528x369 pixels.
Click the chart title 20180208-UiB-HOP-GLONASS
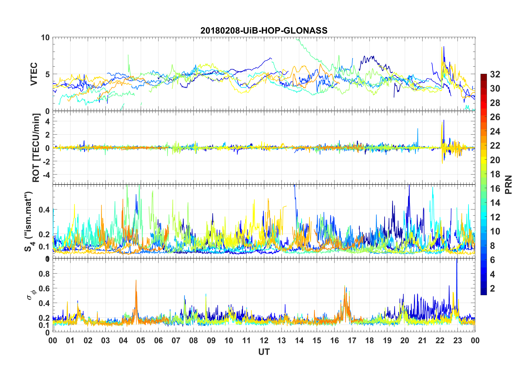tap(264, 31)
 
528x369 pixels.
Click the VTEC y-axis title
tap(34, 74)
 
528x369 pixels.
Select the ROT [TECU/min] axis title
tap(36, 148)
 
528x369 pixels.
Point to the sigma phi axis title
tap(31, 294)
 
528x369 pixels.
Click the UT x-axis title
tap(264, 352)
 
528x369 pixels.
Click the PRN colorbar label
tap(508, 184)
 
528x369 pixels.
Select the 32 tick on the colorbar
tap(495, 74)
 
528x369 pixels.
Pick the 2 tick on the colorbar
tap(492, 289)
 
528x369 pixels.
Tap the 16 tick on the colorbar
tap(495, 189)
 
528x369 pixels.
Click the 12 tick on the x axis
tap(264, 340)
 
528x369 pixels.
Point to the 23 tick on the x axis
tap(457, 340)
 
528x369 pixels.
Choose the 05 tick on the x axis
tap(141, 340)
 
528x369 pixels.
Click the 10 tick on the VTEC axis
tap(45, 38)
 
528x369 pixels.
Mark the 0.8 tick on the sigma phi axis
tap(45, 274)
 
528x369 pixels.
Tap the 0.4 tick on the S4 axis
tap(44, 209)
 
